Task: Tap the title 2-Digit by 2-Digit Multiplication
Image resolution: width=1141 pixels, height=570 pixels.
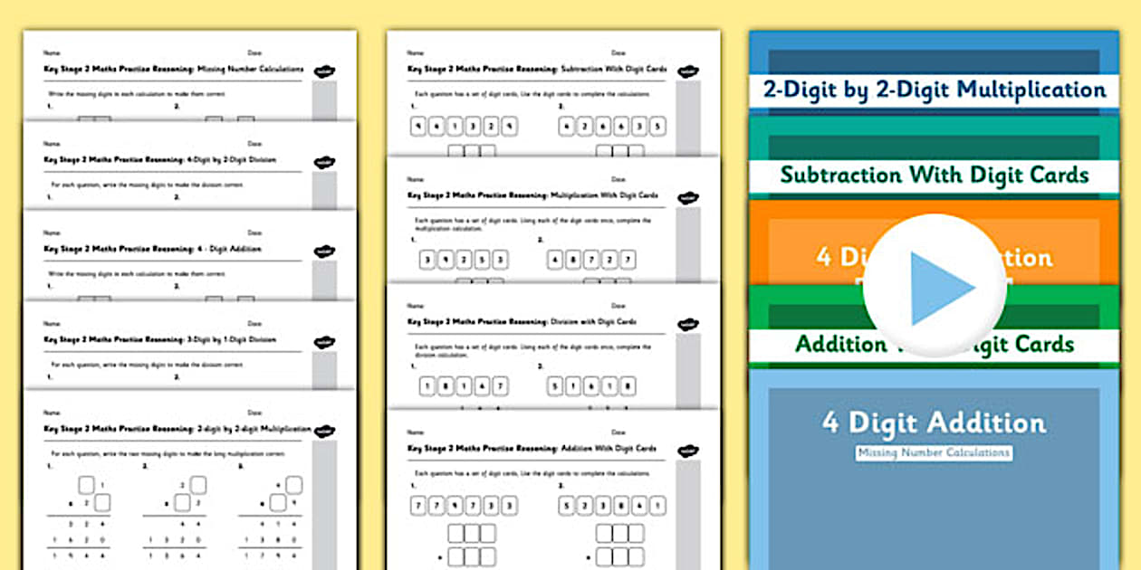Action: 934,90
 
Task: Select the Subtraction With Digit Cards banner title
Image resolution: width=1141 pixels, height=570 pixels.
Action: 934,175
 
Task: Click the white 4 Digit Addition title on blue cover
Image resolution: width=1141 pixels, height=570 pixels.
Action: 934,423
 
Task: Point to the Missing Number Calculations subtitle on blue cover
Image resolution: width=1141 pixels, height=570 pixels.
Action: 934,452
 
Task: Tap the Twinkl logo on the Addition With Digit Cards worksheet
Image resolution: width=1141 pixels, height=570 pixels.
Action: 687,450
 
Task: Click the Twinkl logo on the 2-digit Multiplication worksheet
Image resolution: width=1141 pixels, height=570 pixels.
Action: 324,432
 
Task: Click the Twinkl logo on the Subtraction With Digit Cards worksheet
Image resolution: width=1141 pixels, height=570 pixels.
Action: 687,71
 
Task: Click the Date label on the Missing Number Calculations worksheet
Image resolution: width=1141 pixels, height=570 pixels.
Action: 254,53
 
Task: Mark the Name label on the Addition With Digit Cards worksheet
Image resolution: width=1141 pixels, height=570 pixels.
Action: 415,432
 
